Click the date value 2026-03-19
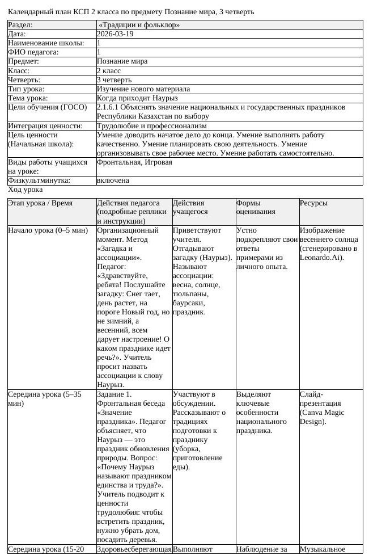(x=116, y=34)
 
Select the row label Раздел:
(x=20, y=25)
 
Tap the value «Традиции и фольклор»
(x=139, y=25)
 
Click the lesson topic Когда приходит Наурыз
(x=137, y=98)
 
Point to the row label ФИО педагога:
(x=33, y=52)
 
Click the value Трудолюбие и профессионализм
(x=151, y=126)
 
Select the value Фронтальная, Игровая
(x=134, y=162)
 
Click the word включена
(x=113, y=180)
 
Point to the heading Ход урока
(x=25, y=189)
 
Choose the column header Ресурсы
(x=313, y=203)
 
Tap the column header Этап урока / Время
(x=40, y=203)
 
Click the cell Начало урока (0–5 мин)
(x=48, y=230)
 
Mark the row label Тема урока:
(x=27, y=98)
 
